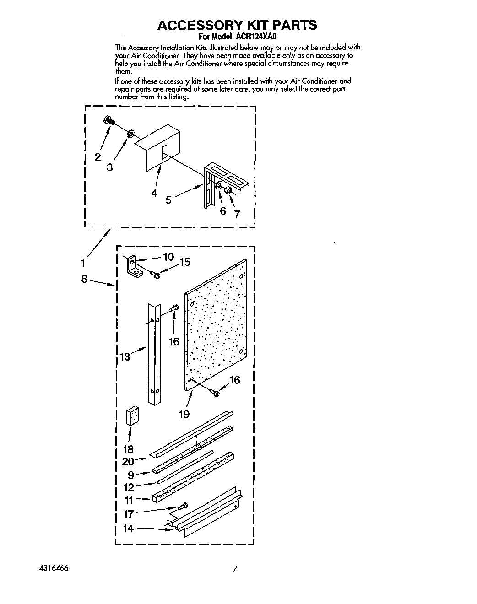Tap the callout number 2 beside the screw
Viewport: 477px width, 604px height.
coord(98,157)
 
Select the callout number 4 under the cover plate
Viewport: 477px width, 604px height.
coord(154,193)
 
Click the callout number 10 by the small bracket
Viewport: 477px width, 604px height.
coord(168,257)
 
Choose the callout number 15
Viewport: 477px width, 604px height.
coord(184,262)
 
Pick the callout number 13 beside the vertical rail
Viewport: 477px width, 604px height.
coord(125,356)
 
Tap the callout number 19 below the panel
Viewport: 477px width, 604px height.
coord(184,414)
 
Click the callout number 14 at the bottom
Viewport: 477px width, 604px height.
coord(128,528)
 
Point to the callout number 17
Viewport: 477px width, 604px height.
coord(128,514)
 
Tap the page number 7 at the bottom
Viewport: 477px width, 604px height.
coord(235,570)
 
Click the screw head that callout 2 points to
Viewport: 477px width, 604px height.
coord(108,120)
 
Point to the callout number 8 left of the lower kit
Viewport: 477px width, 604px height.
coord(84,279)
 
